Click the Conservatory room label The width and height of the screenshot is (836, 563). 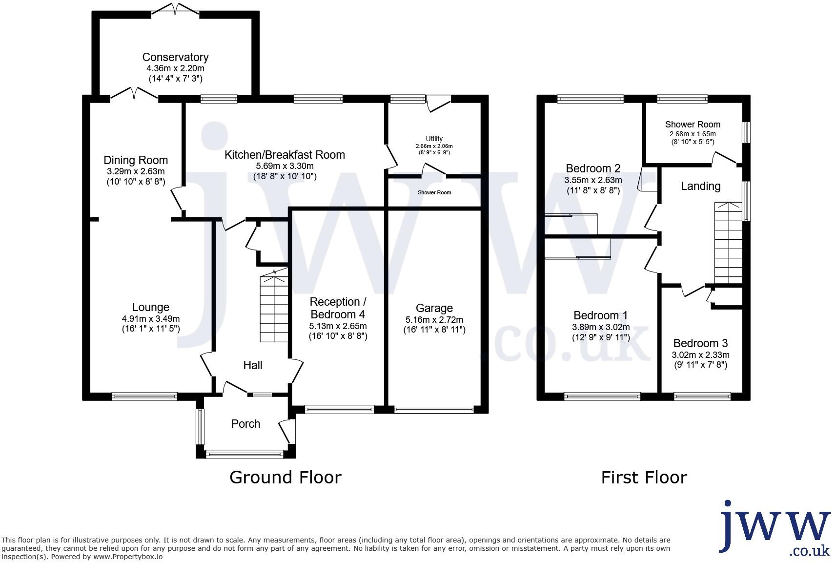pyautogui.click(x=175, y=57)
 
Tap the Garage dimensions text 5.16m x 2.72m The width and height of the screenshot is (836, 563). pyautogui.click(x=434, y=319)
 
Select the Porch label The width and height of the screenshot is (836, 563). pyautogui.click(x=245, y=424)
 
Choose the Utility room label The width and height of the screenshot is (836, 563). pyautogui.click(x=434, y=139)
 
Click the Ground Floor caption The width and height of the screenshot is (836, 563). pyautogui.click(x=285, y=477)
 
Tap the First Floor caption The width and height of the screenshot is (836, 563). pyautogui.click(x=644, y=477)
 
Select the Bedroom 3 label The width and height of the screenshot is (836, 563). pyautogui.click(x=700, y=343)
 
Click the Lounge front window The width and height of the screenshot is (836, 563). pyautogui.click(x=144, y=396)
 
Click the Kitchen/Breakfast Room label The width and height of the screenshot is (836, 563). pyautogui.click(x=285, y=155)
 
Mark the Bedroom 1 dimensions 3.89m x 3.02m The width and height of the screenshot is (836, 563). pyautogui.click(x=601, y=327)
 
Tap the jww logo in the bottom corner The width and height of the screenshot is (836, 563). pyautogui.click(x=775, y=528)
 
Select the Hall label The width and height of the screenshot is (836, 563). pyautogui.click(x=253, y=365)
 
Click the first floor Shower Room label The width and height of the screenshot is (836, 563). pyautogui.click(x=693, y=124)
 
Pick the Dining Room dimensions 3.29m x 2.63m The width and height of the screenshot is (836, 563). pyautogui.click(x=136, y=171)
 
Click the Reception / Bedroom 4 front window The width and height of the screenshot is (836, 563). pyautogui.click(x=339, y=409)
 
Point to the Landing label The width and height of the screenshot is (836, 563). pyautogui.click(x=700, y=186)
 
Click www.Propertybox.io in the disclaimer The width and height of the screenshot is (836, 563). pyautogui.click(x=128, y=557)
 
